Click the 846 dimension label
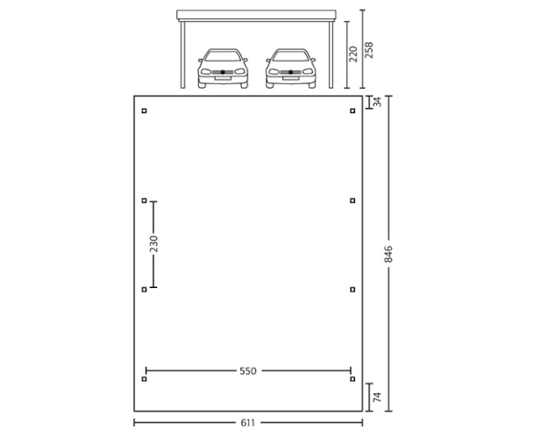388,254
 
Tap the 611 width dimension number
248,423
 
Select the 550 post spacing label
248,371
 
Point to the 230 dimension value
153,244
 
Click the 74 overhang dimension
377,397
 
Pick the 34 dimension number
377,102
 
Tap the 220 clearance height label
353,54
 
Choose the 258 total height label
369,50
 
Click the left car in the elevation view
223,68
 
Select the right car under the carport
291,68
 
